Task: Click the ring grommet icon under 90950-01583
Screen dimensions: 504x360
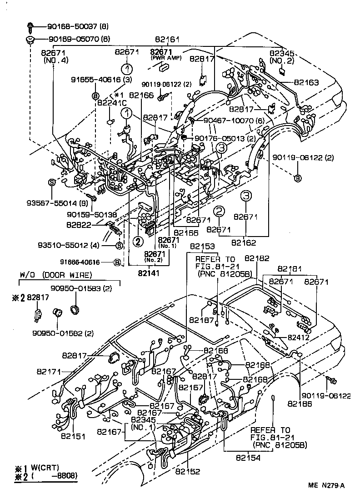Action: [74, 309]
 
